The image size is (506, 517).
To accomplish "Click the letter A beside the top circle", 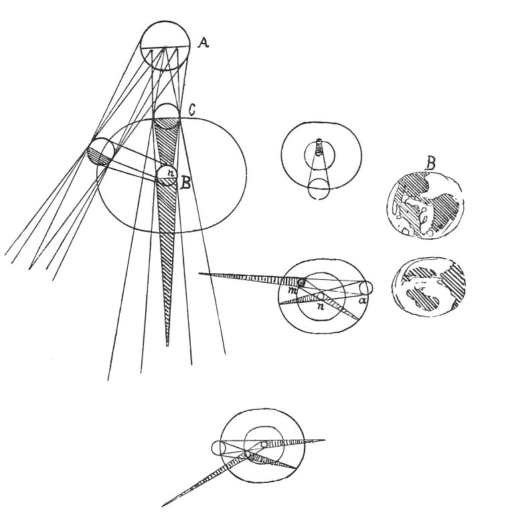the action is tap(203, 43).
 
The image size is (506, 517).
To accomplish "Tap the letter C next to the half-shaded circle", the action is tap(191, 110).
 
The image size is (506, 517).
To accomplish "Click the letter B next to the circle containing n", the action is tap(185, 183).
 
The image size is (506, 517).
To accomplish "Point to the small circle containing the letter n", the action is tap(167, 175).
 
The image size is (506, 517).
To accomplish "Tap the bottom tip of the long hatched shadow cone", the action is tap(168, 346).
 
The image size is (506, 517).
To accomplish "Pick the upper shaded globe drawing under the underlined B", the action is tap(424, 205).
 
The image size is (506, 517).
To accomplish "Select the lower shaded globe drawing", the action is tap(428, 286).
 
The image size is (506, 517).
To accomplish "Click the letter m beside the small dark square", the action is tap(292, 289).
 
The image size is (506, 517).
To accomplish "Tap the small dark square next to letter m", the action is tap(301, 282).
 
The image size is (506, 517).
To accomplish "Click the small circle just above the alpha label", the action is tap(366, 288).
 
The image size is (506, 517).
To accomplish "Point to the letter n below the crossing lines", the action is tap(319, 307).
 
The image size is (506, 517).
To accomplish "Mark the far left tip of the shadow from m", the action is tap(199, 273).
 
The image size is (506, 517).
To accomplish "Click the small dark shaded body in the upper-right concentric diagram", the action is tap(318, 149).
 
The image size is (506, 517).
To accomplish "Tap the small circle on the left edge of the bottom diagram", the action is tap(218, 448).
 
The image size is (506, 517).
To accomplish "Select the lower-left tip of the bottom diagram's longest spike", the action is tap(163, 506).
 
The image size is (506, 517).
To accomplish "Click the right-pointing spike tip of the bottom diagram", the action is tap(325, 439).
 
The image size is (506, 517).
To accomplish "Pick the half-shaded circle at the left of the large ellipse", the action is tap(100, 152).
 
